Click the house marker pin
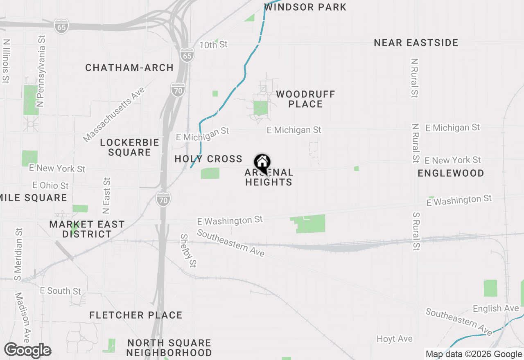click(x=262, y=162)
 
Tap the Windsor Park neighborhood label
click(x=305, y=7)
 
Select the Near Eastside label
click(x=416, y=43)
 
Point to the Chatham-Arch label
click(x=129, y=67)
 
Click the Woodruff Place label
click(x=305, y=99)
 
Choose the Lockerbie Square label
click(x=129, y=147)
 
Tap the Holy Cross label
click(x=208, y=159)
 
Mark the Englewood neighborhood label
click(x=451, y=173)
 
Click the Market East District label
click(x=87, y=229)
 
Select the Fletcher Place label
click(x=136, y=315)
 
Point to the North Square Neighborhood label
click(x=169, y=348)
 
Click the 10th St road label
click(x=213, y=45)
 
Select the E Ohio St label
click(x=51, y=185)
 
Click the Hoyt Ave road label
click(x=395, y=339)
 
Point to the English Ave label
click(x=496, y=308)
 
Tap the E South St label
click(x=61, y=291)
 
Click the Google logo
click(x=28, y=350)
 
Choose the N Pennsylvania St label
click(x=41, y=71)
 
